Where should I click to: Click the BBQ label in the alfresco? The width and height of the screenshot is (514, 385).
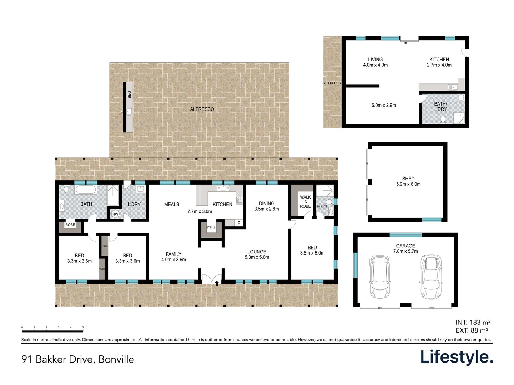[x=129, y=94]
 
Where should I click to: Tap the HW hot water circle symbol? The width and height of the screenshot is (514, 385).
[x=115, y=214]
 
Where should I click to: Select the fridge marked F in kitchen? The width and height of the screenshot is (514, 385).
[x=238, y=223]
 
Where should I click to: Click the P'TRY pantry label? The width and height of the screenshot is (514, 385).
[x=211, y=227]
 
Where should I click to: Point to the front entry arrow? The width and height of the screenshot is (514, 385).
[x=217, y=283]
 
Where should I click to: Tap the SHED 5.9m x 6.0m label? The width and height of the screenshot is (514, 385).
[x=408, y=181]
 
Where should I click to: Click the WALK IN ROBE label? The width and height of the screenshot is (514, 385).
[x=305, y=202]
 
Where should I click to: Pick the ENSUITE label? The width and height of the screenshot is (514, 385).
[x=322, y=206]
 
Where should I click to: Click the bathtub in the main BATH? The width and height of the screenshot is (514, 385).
[x=85, y=190]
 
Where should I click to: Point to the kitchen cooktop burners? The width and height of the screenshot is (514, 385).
[x=239, y=200]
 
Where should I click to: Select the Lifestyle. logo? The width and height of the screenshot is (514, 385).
[x=457, y=357]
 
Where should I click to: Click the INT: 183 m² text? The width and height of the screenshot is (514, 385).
[x=473, y=322]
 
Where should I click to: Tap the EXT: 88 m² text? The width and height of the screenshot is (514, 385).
[x=472, y=330]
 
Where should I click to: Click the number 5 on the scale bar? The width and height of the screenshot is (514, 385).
[x=83, y=327]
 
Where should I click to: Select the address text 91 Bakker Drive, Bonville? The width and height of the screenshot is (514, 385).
[x=78, y=359]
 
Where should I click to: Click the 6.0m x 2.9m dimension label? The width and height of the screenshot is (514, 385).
[x=384, y=105]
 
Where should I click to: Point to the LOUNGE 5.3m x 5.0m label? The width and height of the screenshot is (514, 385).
[x=257, y=255]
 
